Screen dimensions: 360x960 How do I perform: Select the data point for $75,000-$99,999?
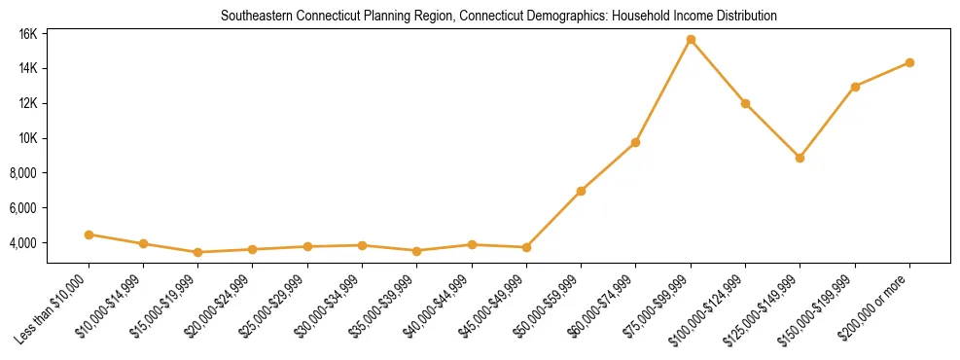coord(691,40)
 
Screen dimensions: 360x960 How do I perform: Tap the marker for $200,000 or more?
coord(909,62)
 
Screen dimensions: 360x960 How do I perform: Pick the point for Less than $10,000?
coord(89,234)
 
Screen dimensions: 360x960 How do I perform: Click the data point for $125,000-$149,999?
coord(800,158)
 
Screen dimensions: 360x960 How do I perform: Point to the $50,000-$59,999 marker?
coord(581,191)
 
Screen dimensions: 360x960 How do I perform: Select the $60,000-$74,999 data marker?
coord(635,143)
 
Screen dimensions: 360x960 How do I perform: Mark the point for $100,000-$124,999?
coord(745,103)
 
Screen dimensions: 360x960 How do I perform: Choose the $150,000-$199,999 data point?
coord(855,87)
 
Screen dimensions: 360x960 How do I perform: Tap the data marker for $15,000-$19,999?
coord(197,252)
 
